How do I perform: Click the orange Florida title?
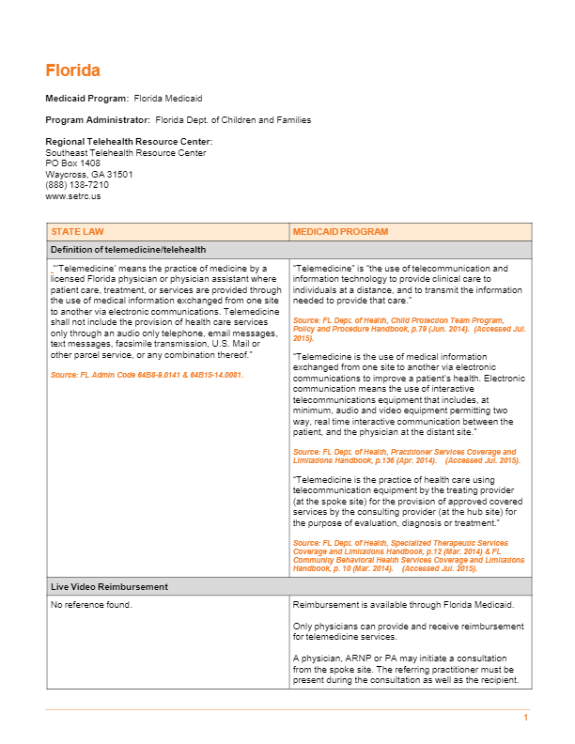point(72,70)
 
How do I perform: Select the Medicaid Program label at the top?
point(87,99)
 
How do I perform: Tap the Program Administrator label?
point(98,120)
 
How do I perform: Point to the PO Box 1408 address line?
point(72,163)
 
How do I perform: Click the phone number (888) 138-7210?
point(76,185)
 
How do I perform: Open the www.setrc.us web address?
point(72,196)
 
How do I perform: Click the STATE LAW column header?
point(77,231)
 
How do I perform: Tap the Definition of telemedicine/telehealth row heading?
point(128,249)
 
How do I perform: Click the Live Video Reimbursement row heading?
point(109,586)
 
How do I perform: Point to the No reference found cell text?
point(91,604)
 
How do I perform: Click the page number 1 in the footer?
point(526,718)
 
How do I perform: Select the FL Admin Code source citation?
point(147,375)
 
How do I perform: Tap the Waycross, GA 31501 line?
point(89,175)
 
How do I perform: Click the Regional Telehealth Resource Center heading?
point(129,142)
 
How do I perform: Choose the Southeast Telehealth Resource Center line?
point(126,153)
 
